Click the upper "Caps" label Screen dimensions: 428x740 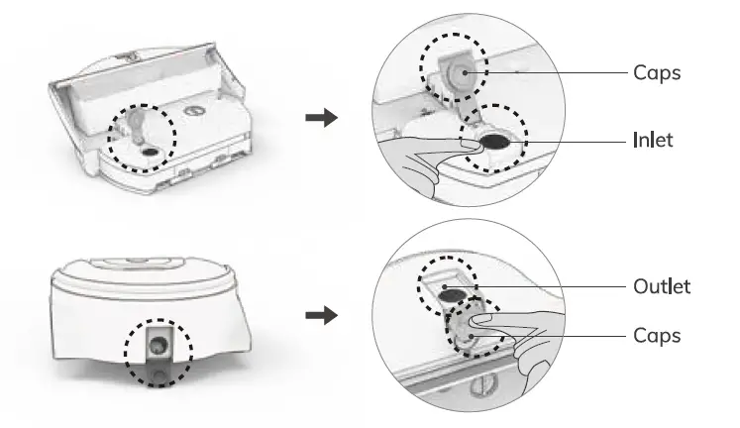[x=656, y=72]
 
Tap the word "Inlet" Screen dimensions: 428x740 [x=653, y=140]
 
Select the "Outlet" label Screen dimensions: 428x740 [x=662, y=286]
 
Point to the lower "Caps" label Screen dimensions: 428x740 [x=656, y=335]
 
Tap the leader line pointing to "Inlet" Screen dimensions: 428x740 [x=575, y=140]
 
